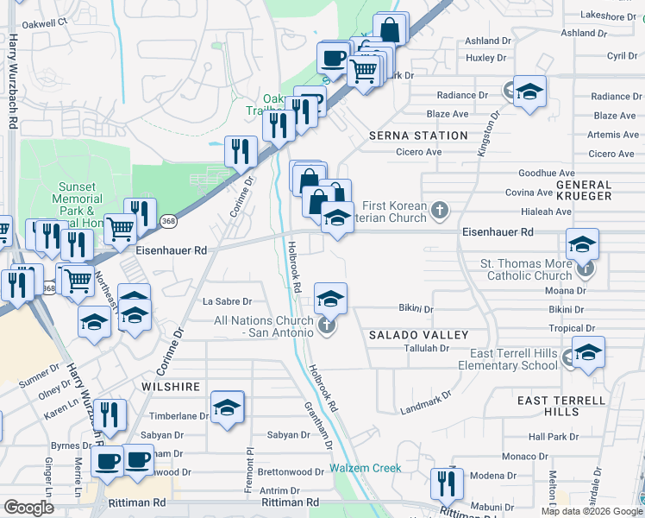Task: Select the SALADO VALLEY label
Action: pyautogui.click(x=418, y=334)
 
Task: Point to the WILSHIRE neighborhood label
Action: pyautogui.click(x=172, y=387)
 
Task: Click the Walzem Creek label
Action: pyautogui.click(x=365, y=468)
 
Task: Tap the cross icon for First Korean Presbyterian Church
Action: pyautogui.click(x=440, y=210)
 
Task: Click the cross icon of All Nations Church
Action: pyautogui.click(x=326, y=325)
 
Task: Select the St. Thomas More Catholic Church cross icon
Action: pyautogui.click(x=585, y=268)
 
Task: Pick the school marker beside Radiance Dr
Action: pyautogui.click(x=529, y=92)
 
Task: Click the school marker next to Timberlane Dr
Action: pyautogui.click(x=228, y=407)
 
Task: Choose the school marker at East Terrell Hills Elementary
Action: pyautogui.click(x=588, y=352)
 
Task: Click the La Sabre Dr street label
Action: pyautogui.click(x=227, y=301)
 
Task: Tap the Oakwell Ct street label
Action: pyautogui.click(x=45, y=21)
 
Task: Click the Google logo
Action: pyautogui.click(x=29, y=508)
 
